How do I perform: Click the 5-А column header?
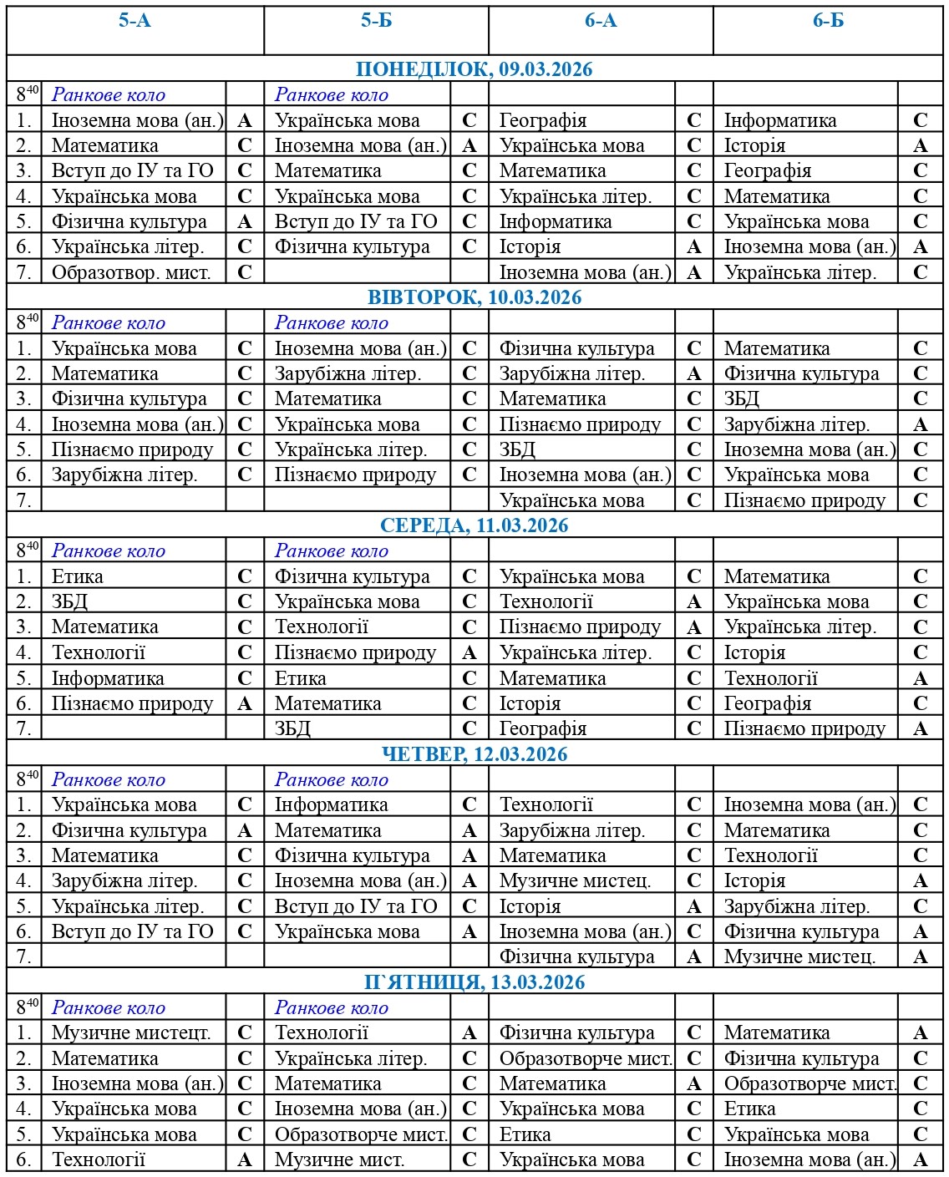pos(134,21)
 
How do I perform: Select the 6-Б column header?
pos(828,21)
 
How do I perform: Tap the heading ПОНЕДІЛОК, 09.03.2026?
pos(474,69)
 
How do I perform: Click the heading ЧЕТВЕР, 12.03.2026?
pos(474,754)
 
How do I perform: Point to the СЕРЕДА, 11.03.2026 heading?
pos(474,525)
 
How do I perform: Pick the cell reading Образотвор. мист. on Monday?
pos(131,272)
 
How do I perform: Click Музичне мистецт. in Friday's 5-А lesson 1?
pos(131,1033)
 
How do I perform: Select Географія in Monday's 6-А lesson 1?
pos(543,120)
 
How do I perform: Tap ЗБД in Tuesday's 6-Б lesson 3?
pos(741,399)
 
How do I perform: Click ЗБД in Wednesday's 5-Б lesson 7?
pos(292,729)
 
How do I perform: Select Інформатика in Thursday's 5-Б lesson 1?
pos(332,805)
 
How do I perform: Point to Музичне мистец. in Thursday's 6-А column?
pos(575,881)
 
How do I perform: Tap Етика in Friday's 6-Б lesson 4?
pos(749,1109)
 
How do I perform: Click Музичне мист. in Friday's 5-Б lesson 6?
pos(339,1160)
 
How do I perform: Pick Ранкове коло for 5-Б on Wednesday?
pos(332,551)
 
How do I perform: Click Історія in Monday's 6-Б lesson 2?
pos(754,145)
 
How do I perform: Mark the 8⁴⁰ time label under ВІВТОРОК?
pos(27,322)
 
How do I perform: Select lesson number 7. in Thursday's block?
pos(24,957)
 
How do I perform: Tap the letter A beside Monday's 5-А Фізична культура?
pos(245,221)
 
